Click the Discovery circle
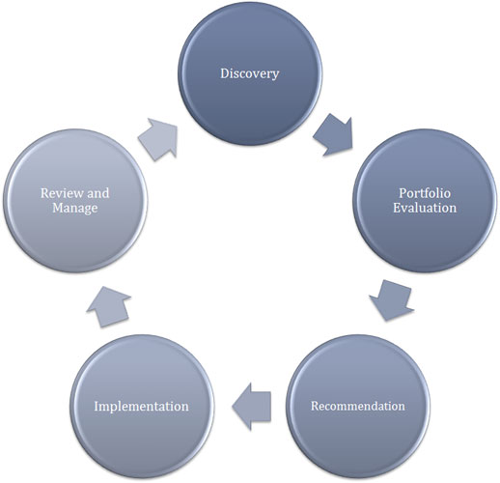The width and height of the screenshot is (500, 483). pyautogui.click(x=250, y=73)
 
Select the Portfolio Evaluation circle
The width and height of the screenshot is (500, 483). pyautogui.click(x=425, y=201)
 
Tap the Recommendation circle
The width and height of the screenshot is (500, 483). pyautogui.click(x=358, y=407)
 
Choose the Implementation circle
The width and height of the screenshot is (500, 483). pyautogui.click(x=142, y=407)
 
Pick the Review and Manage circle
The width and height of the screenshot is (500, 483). pyautogui.click(x=75, y=201)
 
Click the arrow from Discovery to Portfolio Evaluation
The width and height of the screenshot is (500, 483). pyautogui.click(x=334, y=135)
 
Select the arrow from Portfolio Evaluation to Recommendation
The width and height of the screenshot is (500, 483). pyautogui.click(x=391, y=300)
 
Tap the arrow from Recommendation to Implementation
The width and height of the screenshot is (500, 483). pyautogui.click(x=251, y=407)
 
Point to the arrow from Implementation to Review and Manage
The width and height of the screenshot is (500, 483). pyautogui.click(x=109, y=307)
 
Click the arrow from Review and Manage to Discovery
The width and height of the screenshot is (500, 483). pyautogui.click(x=158, y=139)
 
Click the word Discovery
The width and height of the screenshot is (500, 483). pyautogui.click(x=250, y=73)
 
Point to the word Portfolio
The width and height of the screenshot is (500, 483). pyautogui.click(x=425, y=193)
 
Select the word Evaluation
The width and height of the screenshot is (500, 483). pyautogui.click(x=425, y=208)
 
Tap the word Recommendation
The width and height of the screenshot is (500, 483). pyautogui.click(x=358, y=406)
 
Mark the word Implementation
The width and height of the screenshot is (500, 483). pyautogui.click(x=142, y=407)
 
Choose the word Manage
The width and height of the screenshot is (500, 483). pyautogui.click(x=75, y=208)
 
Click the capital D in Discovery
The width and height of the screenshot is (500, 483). pyautogui.click(x=225, y=73)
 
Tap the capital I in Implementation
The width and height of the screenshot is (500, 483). pyautogui.click(x=97, y=406)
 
